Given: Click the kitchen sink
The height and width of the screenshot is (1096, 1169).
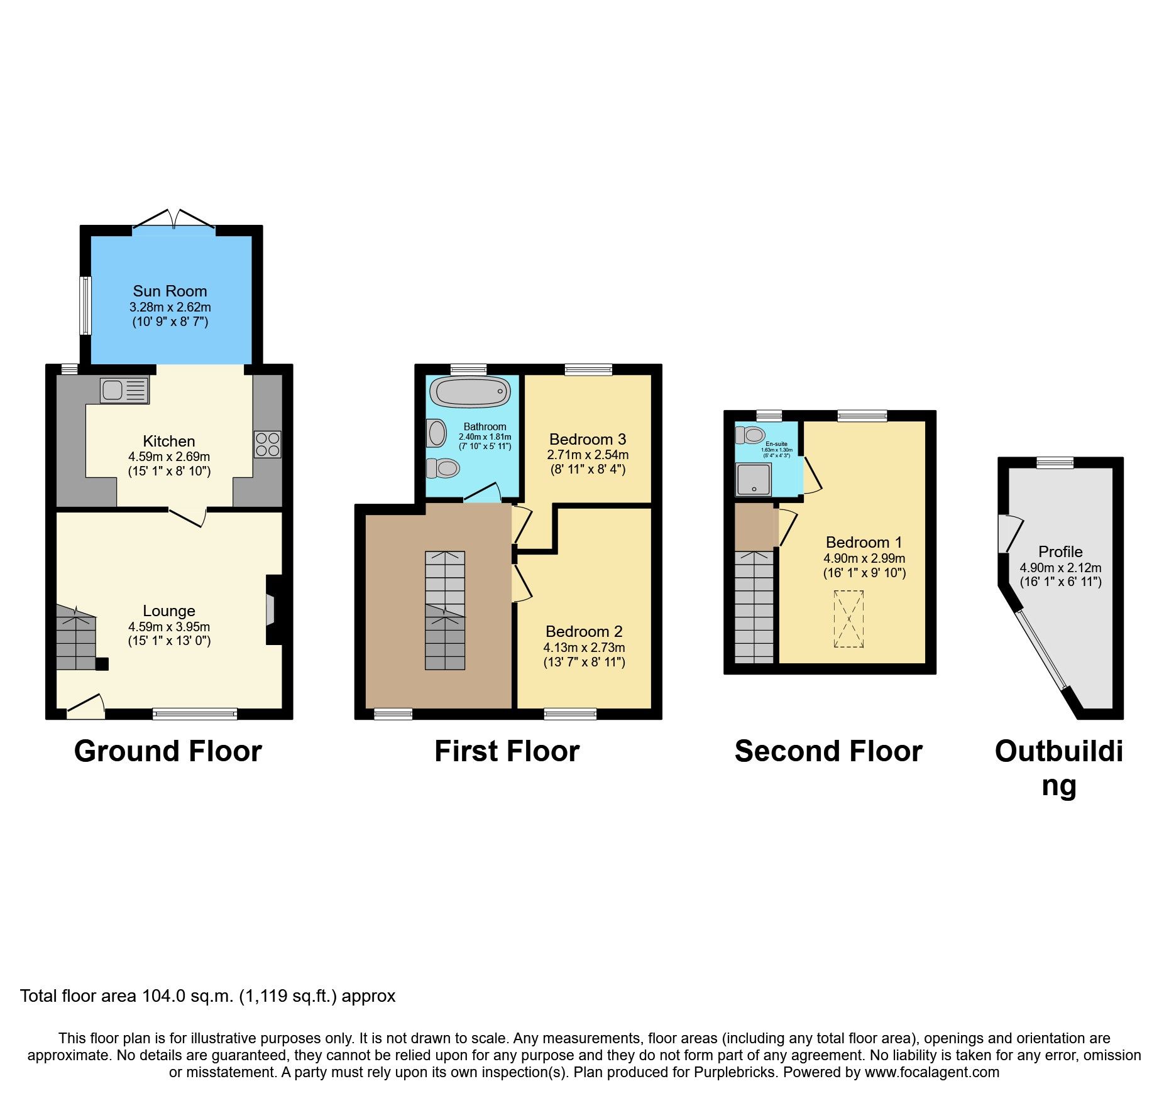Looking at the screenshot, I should [x=124, y=390].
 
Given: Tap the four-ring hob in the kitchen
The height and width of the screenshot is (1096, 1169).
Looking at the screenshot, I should [x=268, y=444].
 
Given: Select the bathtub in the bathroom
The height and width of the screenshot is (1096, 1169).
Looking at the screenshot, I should [x=471, y=393].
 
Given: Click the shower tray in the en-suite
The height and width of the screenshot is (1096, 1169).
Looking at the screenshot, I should [x=753, y=480].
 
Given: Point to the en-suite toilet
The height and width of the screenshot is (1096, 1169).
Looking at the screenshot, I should [x=750, y=435].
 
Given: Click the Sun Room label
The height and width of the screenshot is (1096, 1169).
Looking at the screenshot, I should [x=170, y=291].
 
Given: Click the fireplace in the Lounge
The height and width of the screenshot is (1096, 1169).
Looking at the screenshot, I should [x=272, y=609].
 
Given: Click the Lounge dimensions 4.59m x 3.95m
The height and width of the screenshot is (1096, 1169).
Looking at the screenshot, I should [x=169, y=627].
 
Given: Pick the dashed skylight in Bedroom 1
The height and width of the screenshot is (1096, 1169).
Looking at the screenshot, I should [x=848, y=619].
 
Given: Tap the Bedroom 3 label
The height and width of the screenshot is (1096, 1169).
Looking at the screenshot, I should [x=587, y=439].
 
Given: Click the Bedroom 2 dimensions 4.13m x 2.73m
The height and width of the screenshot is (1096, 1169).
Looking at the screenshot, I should [x=584, y=648].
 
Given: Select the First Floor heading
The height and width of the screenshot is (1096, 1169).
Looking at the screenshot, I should [x=507, y=751].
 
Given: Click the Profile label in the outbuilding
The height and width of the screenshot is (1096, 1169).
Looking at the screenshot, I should [x=1060, y=551].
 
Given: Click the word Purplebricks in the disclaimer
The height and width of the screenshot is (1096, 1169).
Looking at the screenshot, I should [x=735, y=1072].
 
